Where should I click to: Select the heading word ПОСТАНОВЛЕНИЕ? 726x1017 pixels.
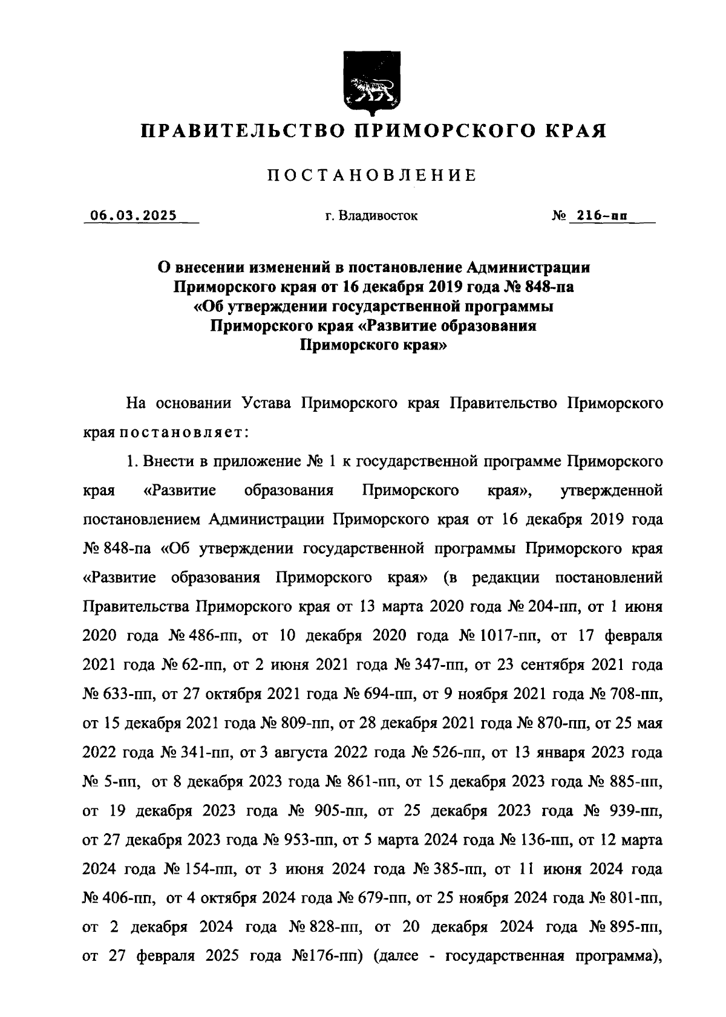pos(372,176)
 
